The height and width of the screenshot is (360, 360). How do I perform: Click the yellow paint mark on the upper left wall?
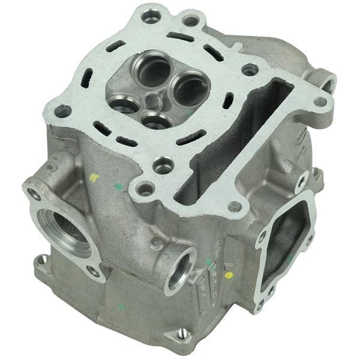point(94,178)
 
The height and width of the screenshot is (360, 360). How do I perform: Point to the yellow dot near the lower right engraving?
point(228,275)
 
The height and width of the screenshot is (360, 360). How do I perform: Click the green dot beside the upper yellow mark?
point(118,187)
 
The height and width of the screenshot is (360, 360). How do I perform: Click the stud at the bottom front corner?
point(181,334)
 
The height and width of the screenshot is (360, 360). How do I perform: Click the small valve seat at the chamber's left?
point(122,106)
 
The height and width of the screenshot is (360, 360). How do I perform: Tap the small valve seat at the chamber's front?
point(158,119)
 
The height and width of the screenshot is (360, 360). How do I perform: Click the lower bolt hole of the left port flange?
point(93,271)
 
